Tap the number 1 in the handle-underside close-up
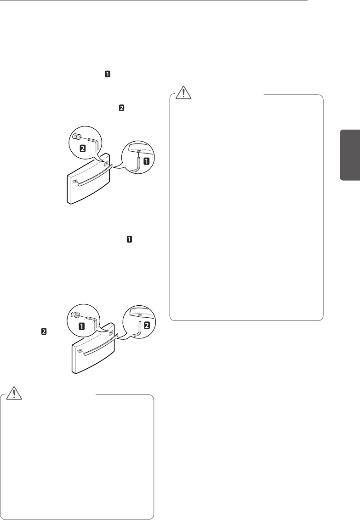tap(147, 161)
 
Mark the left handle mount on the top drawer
tap(75, 181)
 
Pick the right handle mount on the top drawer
tap(107, 162)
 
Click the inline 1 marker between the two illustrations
tap(130, 240)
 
